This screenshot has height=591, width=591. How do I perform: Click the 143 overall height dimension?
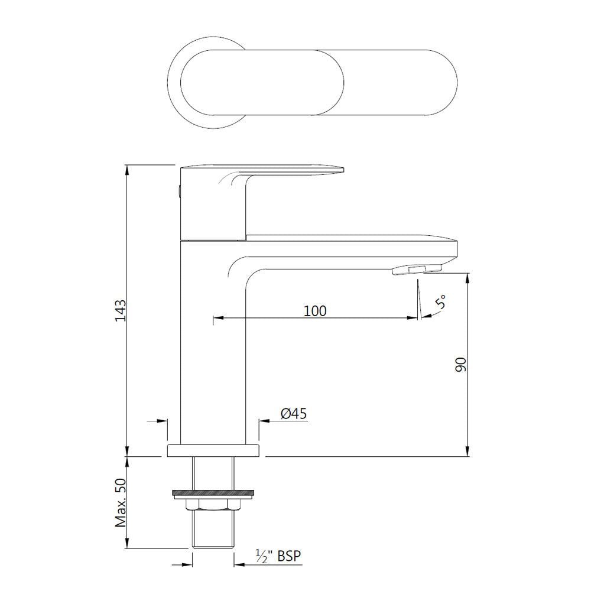click(121, 311)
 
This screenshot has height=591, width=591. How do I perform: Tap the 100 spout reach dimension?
click(315, 310)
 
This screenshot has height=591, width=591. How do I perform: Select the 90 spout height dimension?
click(462, 365)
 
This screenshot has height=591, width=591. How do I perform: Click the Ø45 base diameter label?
click(294, 414)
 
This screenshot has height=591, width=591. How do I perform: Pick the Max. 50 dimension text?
click(121, 503)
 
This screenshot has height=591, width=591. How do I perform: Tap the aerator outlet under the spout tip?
click(416, 270)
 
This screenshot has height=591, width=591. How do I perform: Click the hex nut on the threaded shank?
click(213, 505)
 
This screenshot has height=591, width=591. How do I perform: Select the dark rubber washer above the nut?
click(213, 492)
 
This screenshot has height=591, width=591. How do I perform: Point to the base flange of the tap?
click(213, 450)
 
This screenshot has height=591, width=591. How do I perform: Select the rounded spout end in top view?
click(437, 82)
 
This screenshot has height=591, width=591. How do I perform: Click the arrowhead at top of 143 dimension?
click(127, 170)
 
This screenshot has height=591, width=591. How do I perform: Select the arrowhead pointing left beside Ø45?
click(264, 421)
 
